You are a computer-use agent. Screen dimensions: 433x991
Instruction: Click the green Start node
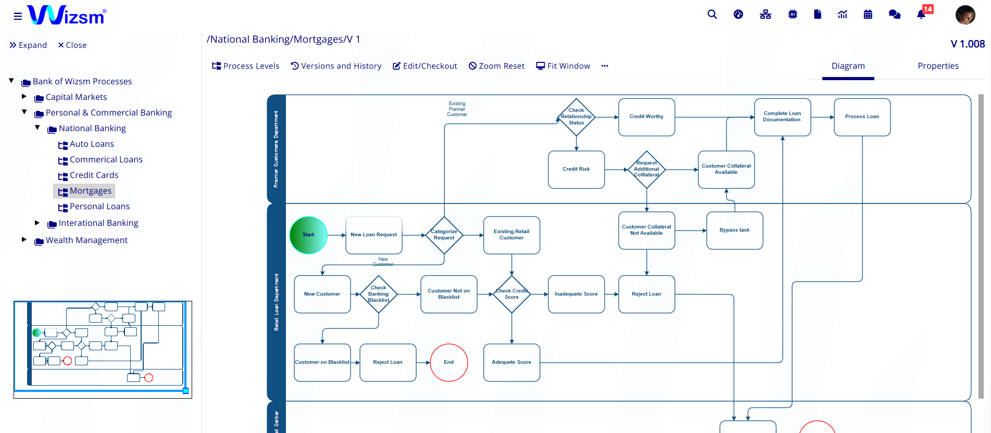point(308,235)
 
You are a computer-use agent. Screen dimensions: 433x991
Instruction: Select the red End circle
point(449,363)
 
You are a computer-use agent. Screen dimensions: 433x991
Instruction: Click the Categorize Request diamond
point(444,235)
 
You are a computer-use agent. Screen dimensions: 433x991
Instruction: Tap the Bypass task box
point(734,231)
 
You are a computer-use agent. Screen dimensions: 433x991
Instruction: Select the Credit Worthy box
point(646,117)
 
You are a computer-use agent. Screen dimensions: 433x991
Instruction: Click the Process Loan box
point(862,117)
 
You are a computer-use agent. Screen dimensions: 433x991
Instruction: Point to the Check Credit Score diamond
point(512,295)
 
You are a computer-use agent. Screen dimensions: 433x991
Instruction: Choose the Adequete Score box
point(511,363)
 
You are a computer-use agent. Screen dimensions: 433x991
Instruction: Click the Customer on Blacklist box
point(322,363)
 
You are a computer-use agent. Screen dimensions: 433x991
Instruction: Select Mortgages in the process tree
point(90,191)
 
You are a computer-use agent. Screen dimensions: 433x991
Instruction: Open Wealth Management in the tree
point(86,240)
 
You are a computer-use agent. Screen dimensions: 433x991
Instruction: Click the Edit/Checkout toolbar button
point(425,66)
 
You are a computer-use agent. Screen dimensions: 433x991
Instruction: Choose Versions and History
point(336,66)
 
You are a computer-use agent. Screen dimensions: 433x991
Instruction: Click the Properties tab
point(938,66)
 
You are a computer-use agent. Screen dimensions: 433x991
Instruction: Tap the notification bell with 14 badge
point(921,15)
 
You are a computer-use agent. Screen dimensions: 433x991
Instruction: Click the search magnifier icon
point(712,15)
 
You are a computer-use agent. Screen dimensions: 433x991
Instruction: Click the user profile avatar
point(965,15)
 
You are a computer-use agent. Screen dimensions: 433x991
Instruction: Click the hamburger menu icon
point(18,16)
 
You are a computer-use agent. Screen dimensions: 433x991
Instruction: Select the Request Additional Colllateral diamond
point(647,170)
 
